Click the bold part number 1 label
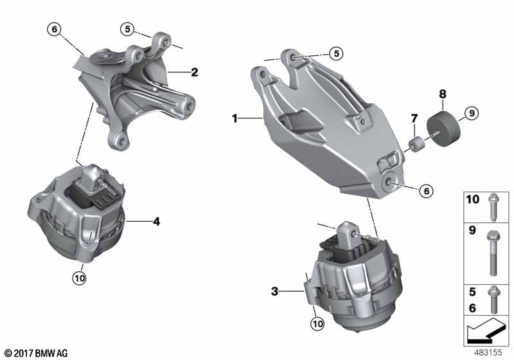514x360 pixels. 235,118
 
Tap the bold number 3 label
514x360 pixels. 274,291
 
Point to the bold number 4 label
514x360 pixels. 156,222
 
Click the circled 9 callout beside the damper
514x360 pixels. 470,114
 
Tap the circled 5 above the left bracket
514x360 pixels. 129,28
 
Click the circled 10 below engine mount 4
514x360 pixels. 80,278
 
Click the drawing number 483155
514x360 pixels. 489,352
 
